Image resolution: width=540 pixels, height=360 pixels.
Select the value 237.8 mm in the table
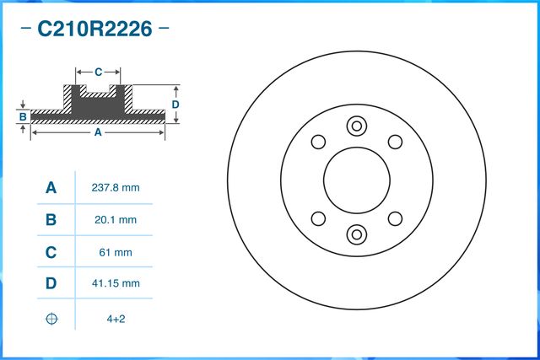pyautogui.click(x=114, y=188)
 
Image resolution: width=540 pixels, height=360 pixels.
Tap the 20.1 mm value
pyautogui.click(x=114, y=220)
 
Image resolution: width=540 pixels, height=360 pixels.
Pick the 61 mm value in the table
pyautogui.click(x=114, y=252)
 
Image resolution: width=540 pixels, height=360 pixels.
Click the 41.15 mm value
pyautogui.click(x=114, y=284)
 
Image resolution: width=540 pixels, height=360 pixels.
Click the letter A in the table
pyautogui.click(x=51, y=188)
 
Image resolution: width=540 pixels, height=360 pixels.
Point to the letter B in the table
pyautogui.click(x=51, y=220)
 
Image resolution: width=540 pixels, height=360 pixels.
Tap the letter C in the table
pyautogui.click(x=51, y=252)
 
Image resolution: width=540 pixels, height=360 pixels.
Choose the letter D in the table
pyautogui.click(x=51, y=284)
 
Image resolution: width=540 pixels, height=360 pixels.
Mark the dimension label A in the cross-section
pyautogui.click(x=97, y=132)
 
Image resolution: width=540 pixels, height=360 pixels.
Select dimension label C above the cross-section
pyautogui.click(x=98, y=72)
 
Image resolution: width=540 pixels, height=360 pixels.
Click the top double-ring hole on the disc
pyautogui.click(x=356, y=126)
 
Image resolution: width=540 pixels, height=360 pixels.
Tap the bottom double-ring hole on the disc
pyautogui.click(x=356, y=234)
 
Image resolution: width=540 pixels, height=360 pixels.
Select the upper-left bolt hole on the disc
pyautogui.click(x=318, y=142)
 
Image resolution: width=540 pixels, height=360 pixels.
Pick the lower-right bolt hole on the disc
pyautogui.click(x=394, y=218)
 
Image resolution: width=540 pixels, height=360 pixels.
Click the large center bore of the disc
pyautogui.click(x=356, y=180)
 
